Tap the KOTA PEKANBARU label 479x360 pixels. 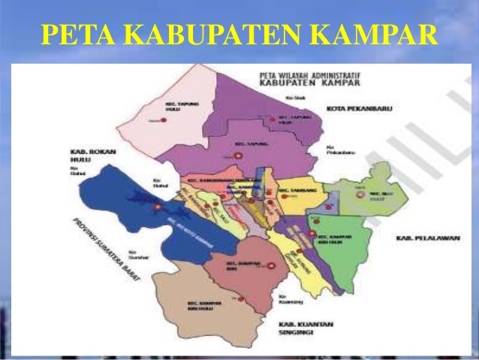point(360,109)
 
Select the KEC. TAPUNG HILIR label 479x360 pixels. point(294,119)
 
